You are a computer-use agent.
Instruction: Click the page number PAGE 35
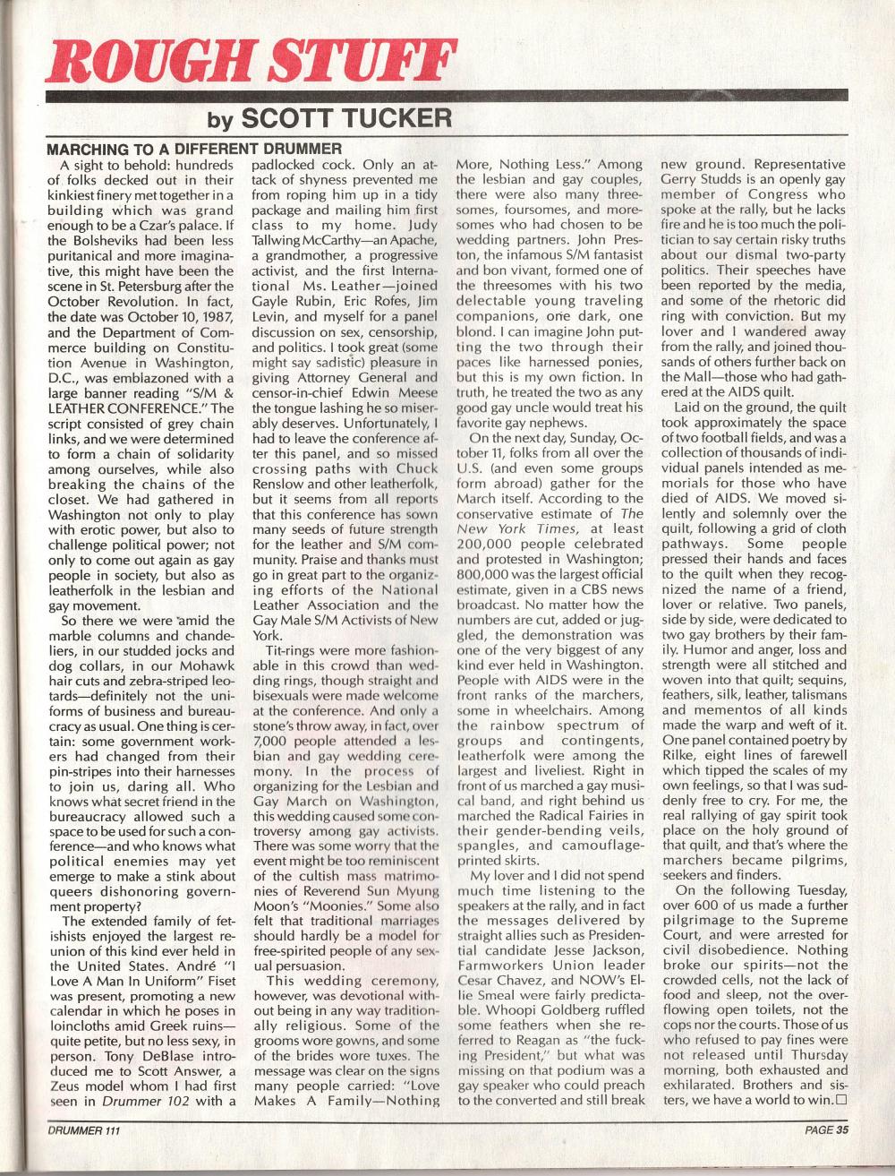tap(824, 1130)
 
